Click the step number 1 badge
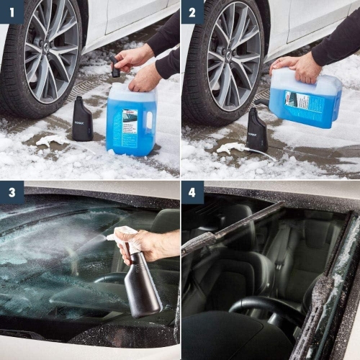coord(12,12)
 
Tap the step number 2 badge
coord(192,12)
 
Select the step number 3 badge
coord(12,192)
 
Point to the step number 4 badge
coord(192,192)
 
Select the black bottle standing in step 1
coord(81,120)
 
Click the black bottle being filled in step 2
coord(257,130)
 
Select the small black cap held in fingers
coord(115,69)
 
